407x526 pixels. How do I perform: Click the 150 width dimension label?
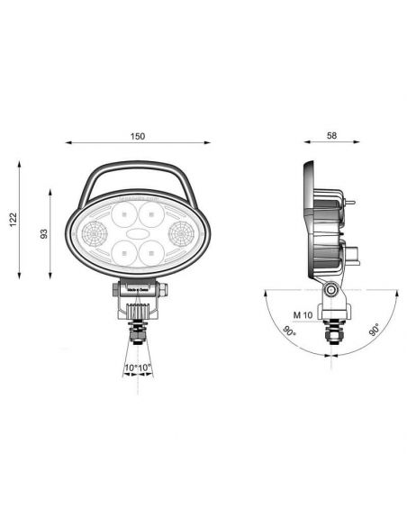(x=138, y=136)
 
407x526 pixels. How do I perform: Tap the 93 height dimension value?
(x=43, y=233)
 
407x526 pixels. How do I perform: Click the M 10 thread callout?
(x=303, y=314)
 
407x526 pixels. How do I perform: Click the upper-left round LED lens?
(x=123, y=215)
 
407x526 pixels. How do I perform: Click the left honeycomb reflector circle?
(x=93, y=236)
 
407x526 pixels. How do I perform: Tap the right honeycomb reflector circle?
(x=180, y=236)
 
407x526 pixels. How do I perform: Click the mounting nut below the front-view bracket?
(x=138, y=335)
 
